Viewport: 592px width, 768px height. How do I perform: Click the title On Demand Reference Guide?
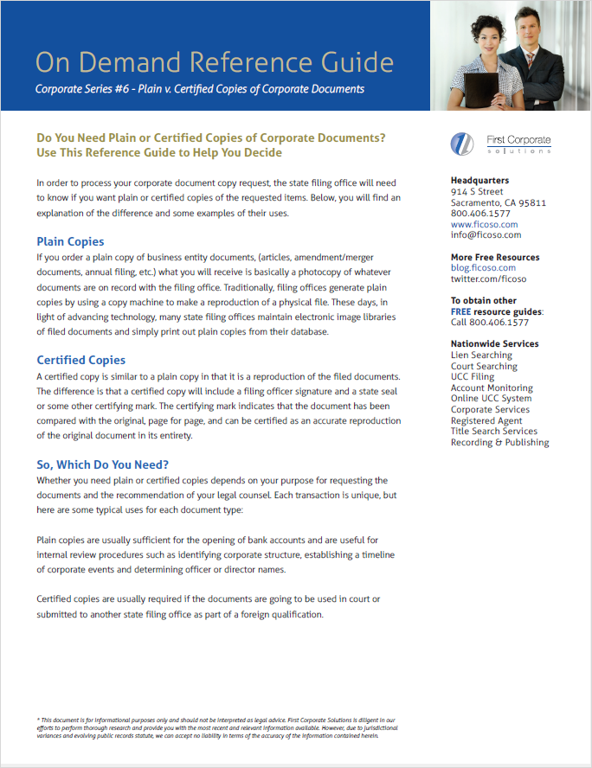pos(215,62)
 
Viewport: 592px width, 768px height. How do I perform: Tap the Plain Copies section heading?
pos(70,241)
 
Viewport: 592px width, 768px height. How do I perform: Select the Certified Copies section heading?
pos(80,360)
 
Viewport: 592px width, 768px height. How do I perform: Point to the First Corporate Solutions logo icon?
pos(463,144)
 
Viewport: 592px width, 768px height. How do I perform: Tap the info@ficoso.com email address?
pos(486,234)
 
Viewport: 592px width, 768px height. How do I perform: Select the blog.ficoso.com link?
pos(483,268)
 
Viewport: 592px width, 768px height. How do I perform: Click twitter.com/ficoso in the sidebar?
pos(488,278)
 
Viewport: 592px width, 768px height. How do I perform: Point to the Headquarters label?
pos(479,181)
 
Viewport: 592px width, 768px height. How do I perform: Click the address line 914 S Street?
pos(477,191)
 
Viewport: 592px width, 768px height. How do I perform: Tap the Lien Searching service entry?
pos(481,355)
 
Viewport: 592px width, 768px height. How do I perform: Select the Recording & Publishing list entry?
pos(499,442)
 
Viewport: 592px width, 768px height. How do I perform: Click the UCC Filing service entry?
pos(473,376)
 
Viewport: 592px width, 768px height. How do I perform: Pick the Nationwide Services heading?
pos(494,343)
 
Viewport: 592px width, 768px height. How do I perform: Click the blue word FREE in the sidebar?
pos(461,311)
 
